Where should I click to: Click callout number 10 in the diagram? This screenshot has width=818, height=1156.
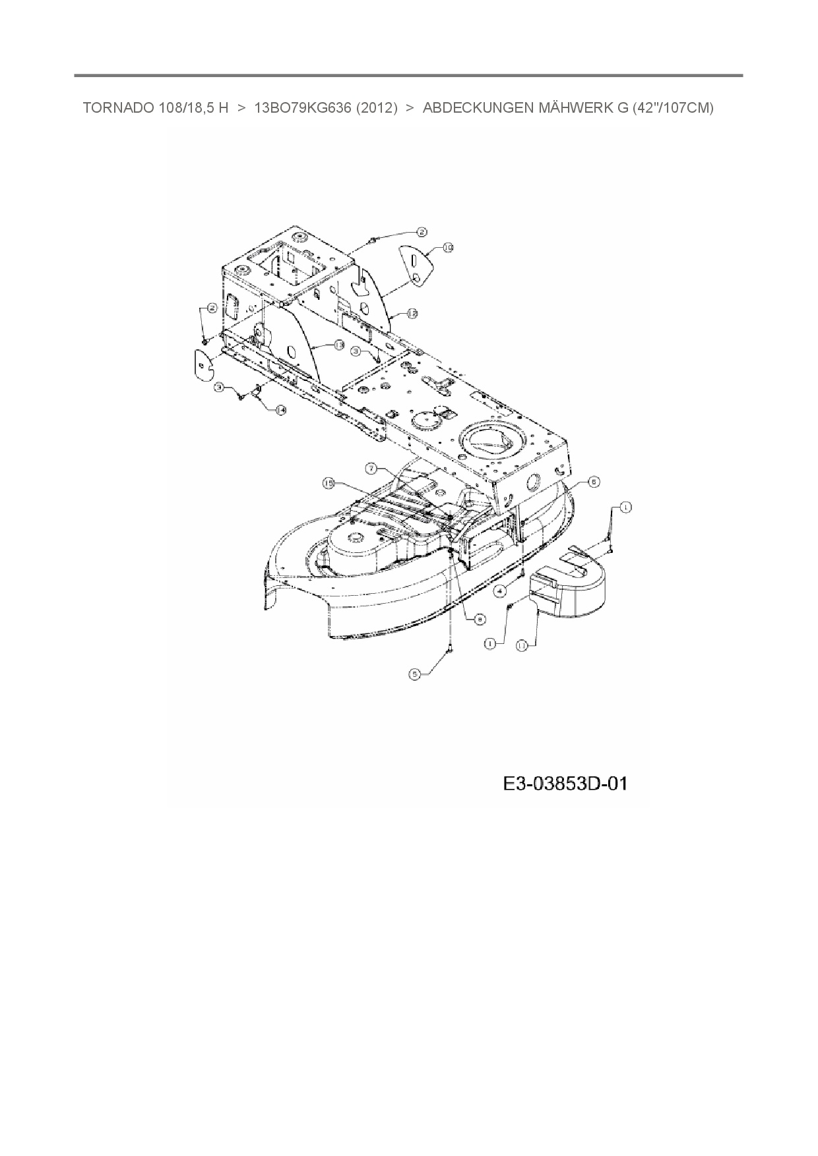point(447,247)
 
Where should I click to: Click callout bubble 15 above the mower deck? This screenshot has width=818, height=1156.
point(328,484)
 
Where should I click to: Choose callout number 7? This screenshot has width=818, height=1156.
point(371,468)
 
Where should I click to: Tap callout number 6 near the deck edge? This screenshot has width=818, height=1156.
point(594,482)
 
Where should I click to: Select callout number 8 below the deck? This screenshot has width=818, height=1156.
point(480,618)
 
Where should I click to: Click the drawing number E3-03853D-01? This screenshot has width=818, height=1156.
point(564,784)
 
